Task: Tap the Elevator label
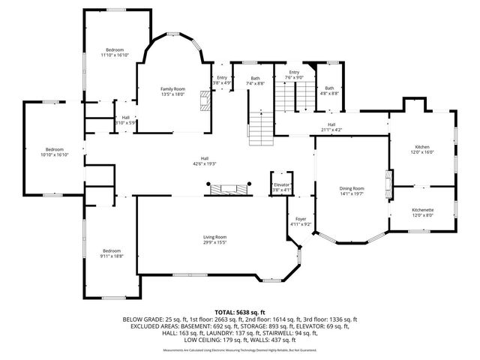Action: click(282, 184)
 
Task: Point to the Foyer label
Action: click(300, 218)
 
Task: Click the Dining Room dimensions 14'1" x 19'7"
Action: click(352, 193)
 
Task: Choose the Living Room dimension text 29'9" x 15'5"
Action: click(214, 242)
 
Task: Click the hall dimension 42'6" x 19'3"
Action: click(204, 164)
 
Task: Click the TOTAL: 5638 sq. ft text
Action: click(240, 311)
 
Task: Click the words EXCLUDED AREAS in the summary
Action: click(148, 326)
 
